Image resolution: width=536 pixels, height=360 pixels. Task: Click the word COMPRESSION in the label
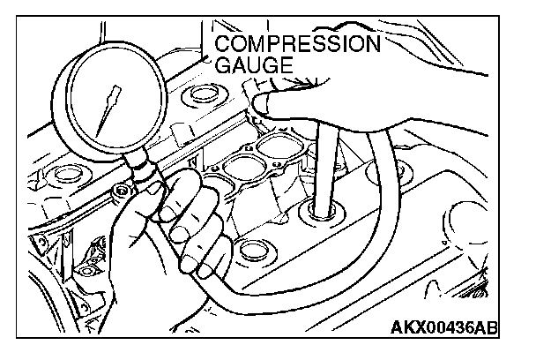click(298, 44)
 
